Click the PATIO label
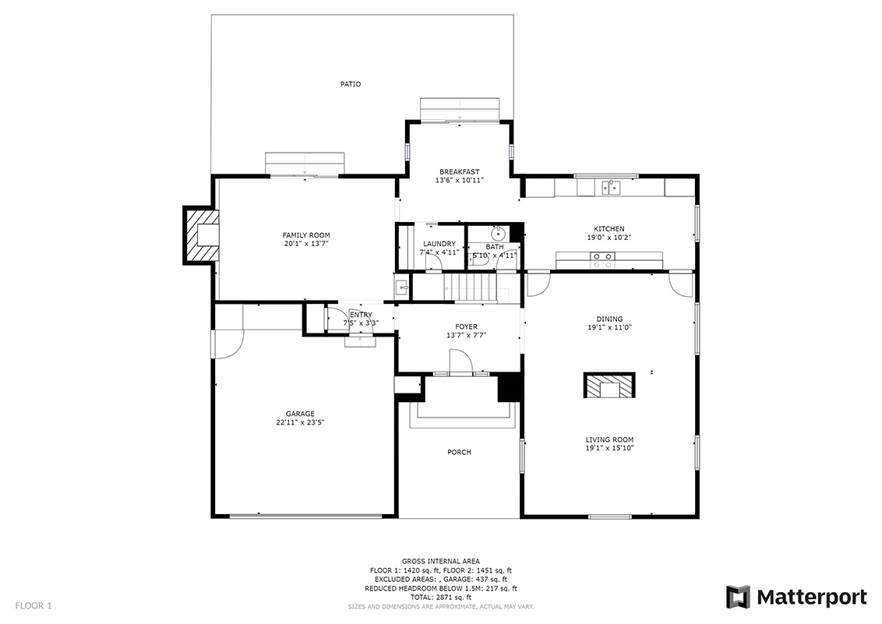click(x=351, y=84)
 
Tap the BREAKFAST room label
click(x=460, y=172)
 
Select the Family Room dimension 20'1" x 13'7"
click(x=306, y=244)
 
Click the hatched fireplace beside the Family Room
click(x=201, y=235)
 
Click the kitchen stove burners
click(x=602, y=260)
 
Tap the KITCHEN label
click(x=609, y=229)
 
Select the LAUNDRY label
click(x=439, y=244)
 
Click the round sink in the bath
click(x=499, y=233)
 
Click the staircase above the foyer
click(x=471, y=287)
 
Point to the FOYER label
click(x=466, y=326)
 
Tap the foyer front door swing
click(x=459, y=361)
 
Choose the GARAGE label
click(x=300, y=414)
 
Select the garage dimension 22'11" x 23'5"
click(x=300, y=423)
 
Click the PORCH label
click(x=459, y=453)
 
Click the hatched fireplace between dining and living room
click(x=609, y=386)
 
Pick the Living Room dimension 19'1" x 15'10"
click(x=609, y=448)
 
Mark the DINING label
click(x=610, y=319)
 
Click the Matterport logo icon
click(x=738, y=597)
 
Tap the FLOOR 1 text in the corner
click(x=34, y=606)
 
